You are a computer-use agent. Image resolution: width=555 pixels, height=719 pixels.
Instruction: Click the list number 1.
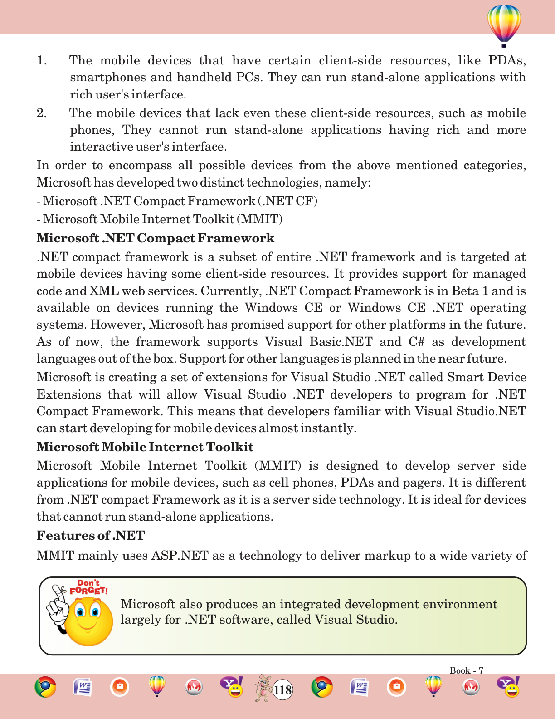pyautogui.click(x=41, y=61)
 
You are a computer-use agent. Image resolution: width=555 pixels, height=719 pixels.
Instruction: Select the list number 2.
pyautogui.click(x=41, y=113)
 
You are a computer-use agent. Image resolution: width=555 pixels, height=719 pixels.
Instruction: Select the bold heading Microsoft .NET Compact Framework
pyautogui.click(x=155, y=238)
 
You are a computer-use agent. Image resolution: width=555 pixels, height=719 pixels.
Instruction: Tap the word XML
pyautogui.click(x=104, y=291)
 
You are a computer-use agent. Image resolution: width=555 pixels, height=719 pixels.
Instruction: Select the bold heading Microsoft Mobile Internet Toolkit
pyautogui.click(x=145, y=447)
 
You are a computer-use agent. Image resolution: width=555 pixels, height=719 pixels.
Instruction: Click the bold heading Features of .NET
pyautogui.click(x=90, y=536)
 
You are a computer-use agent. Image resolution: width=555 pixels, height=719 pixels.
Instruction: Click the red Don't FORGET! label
pyautogui.click(x=89, y=587)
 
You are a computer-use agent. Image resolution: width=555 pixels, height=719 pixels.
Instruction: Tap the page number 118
pyautogui.click(x=282, y=690)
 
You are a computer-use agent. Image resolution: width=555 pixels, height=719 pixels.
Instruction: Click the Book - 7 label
pyautogui.click(x=466, y=670)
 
